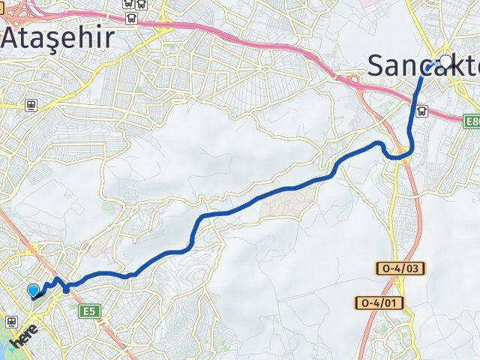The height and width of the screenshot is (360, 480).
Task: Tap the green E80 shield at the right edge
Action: click(x=471, y=121)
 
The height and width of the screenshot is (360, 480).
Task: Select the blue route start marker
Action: click(x=34, y=291)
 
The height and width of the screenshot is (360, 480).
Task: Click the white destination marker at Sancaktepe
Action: click(x=447, y=61)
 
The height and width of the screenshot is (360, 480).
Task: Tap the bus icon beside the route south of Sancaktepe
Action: click(x=423, y=111)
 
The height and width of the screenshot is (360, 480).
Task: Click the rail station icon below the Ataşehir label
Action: click(x=31, y=106)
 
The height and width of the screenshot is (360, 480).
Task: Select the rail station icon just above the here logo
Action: click(x=11, y=321)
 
